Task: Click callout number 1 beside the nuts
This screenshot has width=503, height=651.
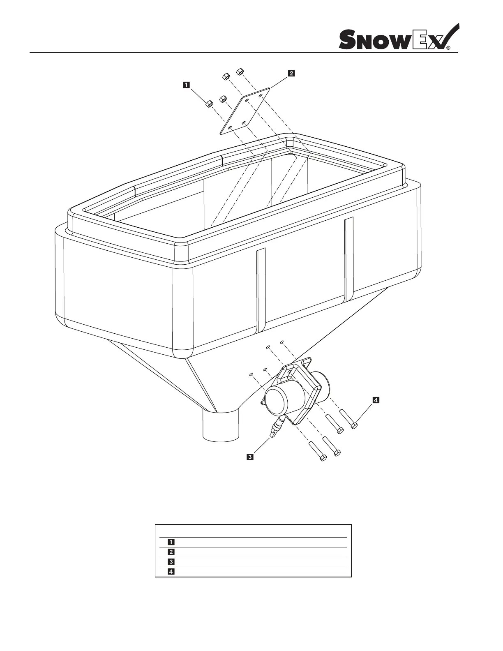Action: coord(186,85)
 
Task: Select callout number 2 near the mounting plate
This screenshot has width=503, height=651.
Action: coord(291,74)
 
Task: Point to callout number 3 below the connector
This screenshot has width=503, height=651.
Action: coord(249,456)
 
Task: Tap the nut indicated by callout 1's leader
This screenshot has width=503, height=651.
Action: coord(208,104)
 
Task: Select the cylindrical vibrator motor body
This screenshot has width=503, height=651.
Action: coord(284,399)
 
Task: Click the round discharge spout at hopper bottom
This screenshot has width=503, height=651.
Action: coord(221,426)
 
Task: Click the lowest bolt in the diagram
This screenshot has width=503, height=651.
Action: coord(317,451)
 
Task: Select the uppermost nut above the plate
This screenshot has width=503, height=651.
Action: coord(240,72)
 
